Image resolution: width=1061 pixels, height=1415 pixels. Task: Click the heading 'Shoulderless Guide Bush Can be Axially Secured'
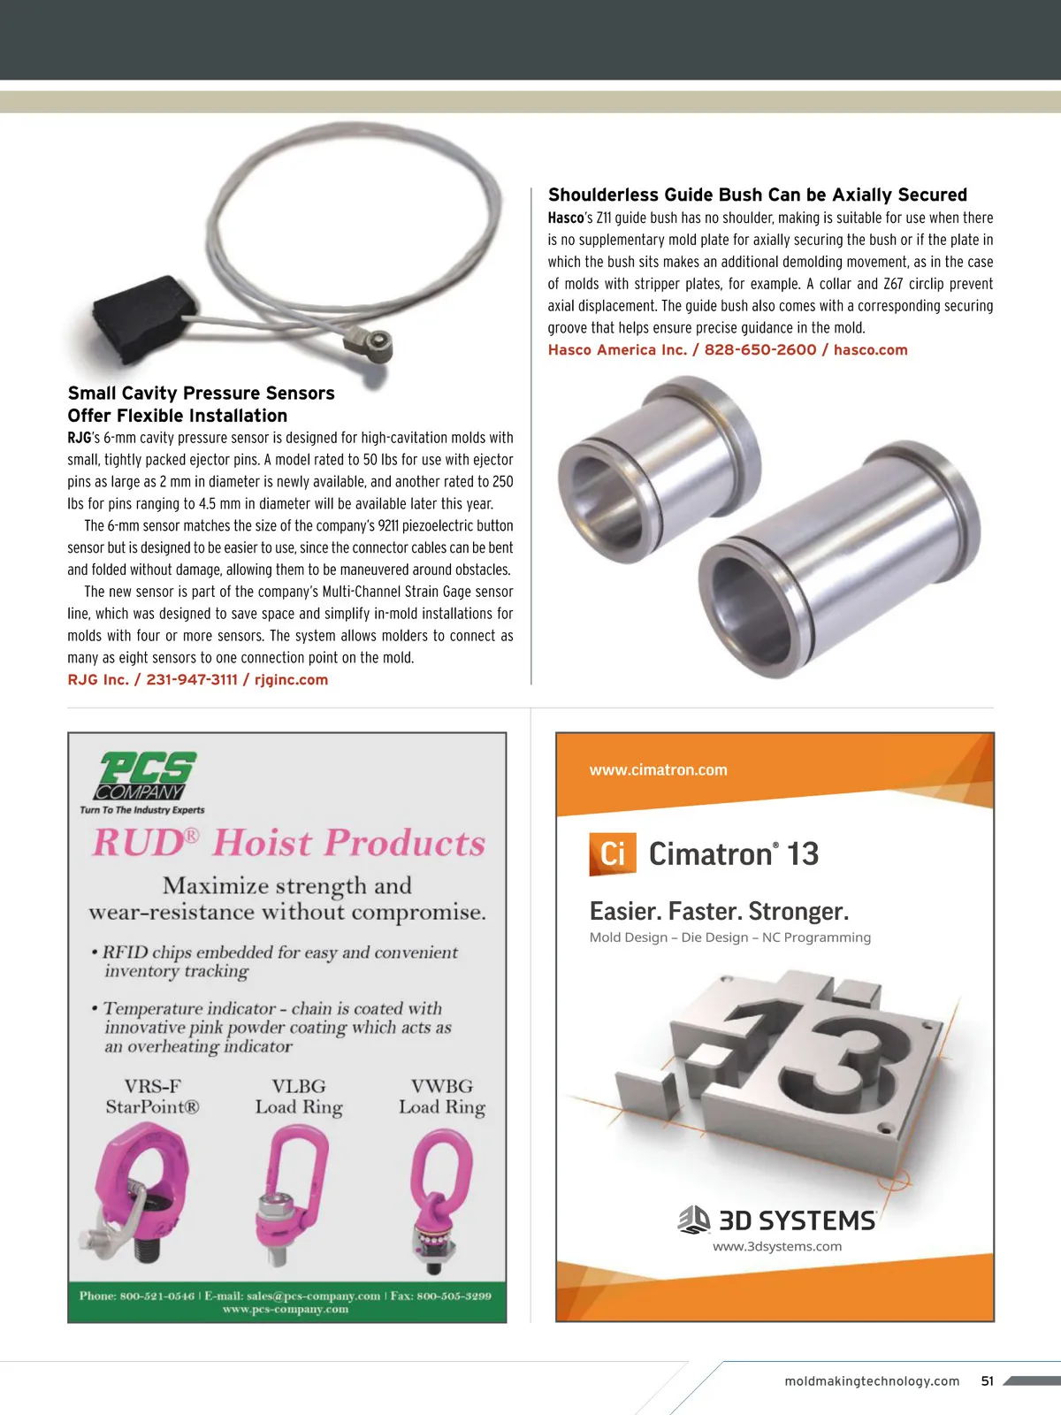click(758, 195)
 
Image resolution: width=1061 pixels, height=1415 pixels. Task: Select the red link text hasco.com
click(870, 349)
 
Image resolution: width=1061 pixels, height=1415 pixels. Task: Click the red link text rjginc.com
click(291, 679)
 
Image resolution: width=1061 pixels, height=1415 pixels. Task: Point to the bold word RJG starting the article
click(80, 438)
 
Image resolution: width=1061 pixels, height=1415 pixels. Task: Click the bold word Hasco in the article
click(566, 218)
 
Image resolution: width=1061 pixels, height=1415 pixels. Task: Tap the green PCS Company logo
click(146, 776)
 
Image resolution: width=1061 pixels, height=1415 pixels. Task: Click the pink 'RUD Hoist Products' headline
click(289, 843)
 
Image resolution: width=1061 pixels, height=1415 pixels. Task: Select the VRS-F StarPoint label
click(152, 1097)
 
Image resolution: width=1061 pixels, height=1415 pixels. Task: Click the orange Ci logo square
click(613, 854)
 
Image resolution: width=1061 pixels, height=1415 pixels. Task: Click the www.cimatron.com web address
click(659, 769)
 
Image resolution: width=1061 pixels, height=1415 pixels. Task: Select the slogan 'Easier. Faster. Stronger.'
click(719, 911)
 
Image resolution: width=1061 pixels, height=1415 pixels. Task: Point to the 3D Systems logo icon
click(694, 1220)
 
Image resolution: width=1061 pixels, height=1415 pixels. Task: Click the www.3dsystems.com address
click(777, 1246)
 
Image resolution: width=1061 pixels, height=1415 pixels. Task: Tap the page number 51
click(987, 1381)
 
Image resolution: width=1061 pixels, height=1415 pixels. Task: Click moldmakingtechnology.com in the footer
click(872, 1381)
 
